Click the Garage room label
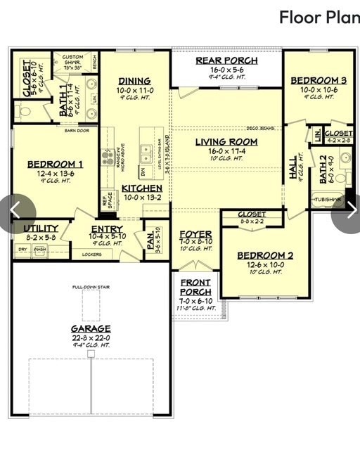[x=91, y=328]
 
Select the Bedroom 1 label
[x=55, y=165]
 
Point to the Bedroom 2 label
[x=260, y=255]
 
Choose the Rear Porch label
[x=226, y=61]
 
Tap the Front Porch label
[x=195, y=287]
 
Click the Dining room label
[x=134, y=82]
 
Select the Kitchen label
[x=142, y=188]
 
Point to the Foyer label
[x=195, y=234]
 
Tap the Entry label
[x=107, y=229]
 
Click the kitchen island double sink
[x=147, y=150]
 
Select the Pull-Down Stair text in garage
[x=91, y=288]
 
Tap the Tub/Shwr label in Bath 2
[x=327, y=199]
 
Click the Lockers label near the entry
[x=91, y=254]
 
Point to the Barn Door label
[x=77, y=130]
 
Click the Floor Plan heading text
[x=319, y=17]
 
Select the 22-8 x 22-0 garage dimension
[x=91, y=337]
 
